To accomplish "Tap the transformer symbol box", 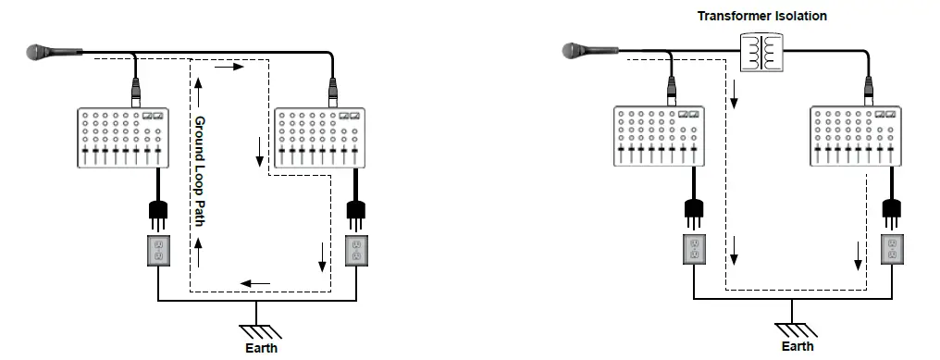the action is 762,52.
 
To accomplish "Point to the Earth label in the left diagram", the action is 260,349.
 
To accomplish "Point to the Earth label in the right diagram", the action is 798,346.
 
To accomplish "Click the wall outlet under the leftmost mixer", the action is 157,250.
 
